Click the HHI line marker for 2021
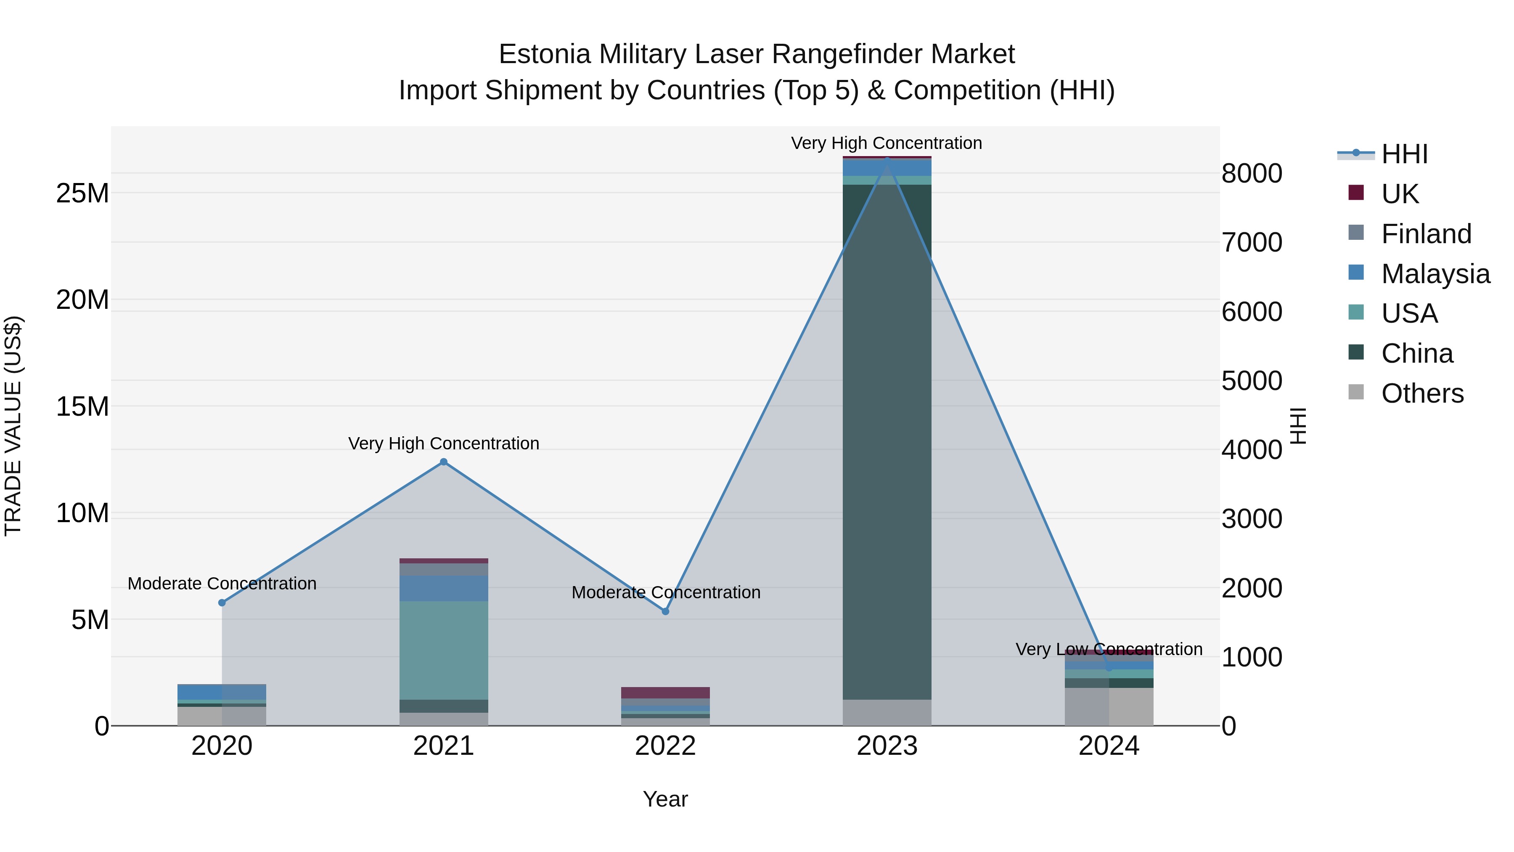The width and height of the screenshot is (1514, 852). pyautogui.click(x=444, y=462)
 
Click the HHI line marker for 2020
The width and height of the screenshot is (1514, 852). pyautogui.click(x=222, y=603)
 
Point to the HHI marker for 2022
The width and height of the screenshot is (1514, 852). pyautogui.click(x=665, y=611)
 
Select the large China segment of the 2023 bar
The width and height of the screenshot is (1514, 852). pyautogui.click(x=887, y=441)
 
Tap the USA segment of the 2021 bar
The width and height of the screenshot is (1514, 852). pyautogui.click(x=444, y=650)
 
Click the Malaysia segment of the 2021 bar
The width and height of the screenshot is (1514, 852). pyautogui.click(x=444, y=588)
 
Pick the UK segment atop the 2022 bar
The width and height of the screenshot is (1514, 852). pyautogui.click(x=665, y=693)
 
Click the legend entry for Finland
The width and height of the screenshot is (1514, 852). pyautogui.click(x=1426, y=234)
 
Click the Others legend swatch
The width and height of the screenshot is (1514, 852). pyautogui.click(x=1356, y=392)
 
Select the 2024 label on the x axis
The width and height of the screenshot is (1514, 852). pyautogui.click(x=1109, y=746)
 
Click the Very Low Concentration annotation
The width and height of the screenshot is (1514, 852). pyautogui.click(x=1109, y=649)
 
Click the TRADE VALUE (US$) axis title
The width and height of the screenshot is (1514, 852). pyautogui.click(x=13, y=426)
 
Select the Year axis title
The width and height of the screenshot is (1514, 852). pyautogui.click(x=665, y=799)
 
